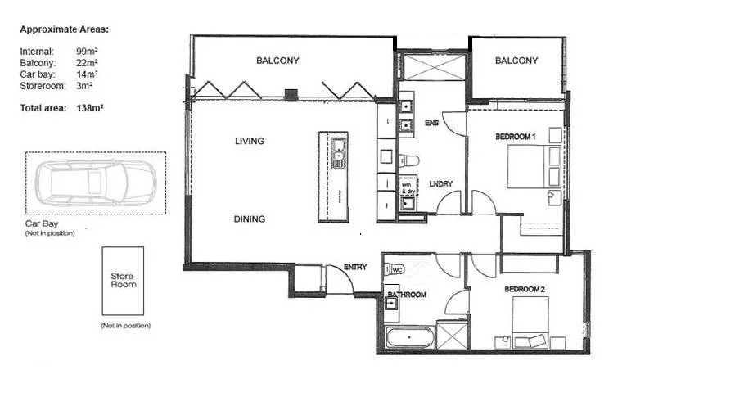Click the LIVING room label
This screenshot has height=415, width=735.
(x=250, y=142)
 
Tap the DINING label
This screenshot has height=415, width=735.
(x=250, y=219)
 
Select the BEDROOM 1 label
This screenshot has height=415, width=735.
(x=515, y=137)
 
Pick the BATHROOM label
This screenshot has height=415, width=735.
(x=407, y=295)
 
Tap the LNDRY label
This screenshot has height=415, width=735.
(x=440, y=184)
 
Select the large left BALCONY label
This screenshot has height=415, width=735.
(x=277, y=61)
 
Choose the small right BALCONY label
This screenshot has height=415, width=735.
(x=516, y=61)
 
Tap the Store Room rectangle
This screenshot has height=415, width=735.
(x=122, y=281)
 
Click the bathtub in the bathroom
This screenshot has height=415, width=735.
(x=410, y=337)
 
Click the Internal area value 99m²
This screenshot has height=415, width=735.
(x=87, y=52)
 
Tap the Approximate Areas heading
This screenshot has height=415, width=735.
(x=64, y=29)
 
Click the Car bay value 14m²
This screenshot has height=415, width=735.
(x=87, y=74)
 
